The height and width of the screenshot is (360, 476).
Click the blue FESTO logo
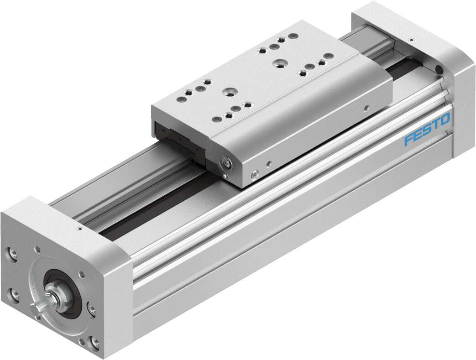427,130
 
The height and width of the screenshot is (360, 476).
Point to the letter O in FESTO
445,120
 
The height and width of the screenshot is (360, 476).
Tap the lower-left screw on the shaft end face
13,293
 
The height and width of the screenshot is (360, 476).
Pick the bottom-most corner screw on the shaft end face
95,342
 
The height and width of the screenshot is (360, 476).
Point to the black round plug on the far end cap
439,69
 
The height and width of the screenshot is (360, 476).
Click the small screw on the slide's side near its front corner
255,173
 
